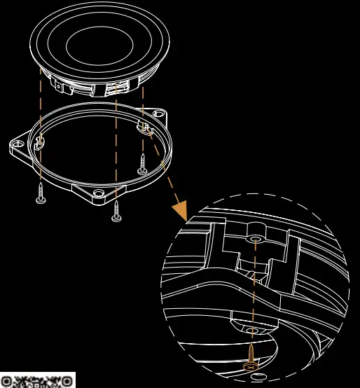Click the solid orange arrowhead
[180, 209]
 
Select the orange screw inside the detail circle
[250, 356]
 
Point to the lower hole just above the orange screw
[251, 328]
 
